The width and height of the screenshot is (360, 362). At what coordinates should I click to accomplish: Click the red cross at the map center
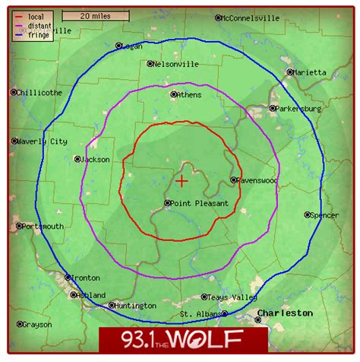[182, 181]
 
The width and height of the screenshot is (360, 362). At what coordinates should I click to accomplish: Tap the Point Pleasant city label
[200, 204]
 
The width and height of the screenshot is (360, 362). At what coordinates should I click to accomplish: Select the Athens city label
[189, 95]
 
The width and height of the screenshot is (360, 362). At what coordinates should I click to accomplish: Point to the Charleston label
[284, 313]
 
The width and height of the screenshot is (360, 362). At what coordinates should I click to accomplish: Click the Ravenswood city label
[258, 180]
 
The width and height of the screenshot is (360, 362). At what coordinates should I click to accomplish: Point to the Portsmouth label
[43, 227]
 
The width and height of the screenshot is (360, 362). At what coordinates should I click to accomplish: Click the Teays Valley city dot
[204, 297]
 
